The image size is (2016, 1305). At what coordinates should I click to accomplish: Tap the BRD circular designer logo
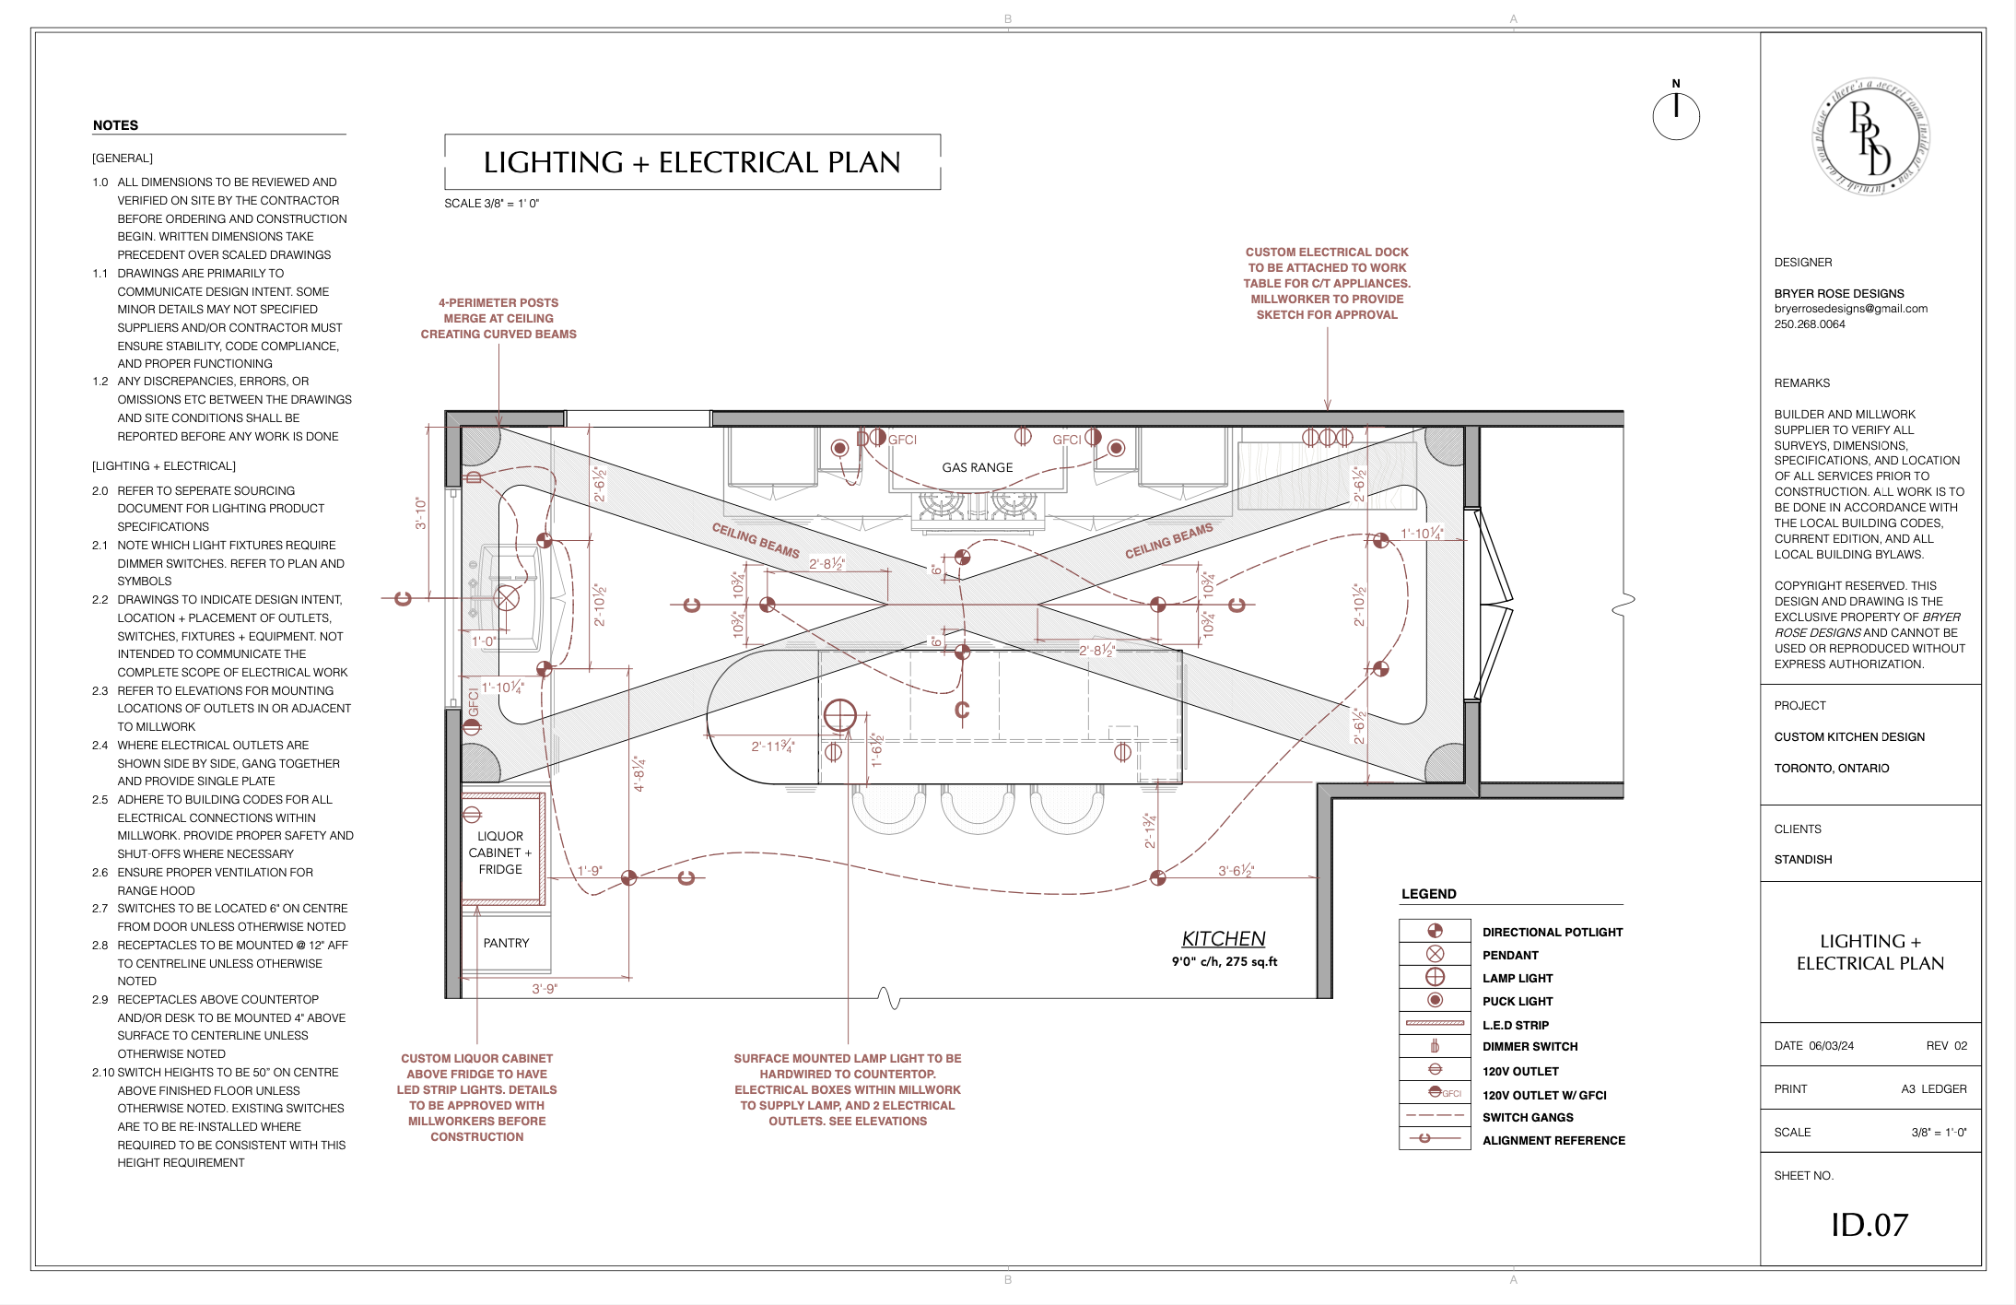coord(1870,137)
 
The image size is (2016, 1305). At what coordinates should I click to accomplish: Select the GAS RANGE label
coord(977,467)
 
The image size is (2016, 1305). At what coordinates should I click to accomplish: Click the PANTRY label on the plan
coord(506,943)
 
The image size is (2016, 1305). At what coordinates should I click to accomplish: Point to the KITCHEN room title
coord(1223,938)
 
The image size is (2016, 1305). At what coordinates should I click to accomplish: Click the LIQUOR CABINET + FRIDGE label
coord(499,852)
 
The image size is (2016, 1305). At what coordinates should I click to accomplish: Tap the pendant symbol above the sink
coord(506,598)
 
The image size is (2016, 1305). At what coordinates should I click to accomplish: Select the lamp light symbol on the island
coord(839,714)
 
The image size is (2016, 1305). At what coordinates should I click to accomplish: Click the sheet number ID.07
coord(1869,1224)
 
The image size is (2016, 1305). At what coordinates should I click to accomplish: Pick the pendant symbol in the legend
coord(1435,954)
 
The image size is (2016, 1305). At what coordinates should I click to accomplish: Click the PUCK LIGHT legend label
coord(1517,1001)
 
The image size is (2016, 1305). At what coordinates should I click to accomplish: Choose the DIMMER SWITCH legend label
coord(1530,1046)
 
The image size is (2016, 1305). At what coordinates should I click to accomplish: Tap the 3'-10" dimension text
coord(420,513)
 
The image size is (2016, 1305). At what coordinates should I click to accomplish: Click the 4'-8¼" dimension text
coord(639,774)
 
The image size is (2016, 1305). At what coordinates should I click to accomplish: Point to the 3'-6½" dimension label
coord(1236,870)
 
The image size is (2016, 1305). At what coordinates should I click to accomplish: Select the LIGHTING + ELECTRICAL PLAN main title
coord(692,162)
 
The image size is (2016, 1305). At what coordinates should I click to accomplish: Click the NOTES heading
coord(115,125)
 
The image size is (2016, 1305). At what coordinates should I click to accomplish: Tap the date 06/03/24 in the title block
coord(1831,1045)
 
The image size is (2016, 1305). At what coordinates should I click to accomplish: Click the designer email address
coord(1850,309)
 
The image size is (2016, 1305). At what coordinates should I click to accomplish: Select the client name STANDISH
coord(1802,859)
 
